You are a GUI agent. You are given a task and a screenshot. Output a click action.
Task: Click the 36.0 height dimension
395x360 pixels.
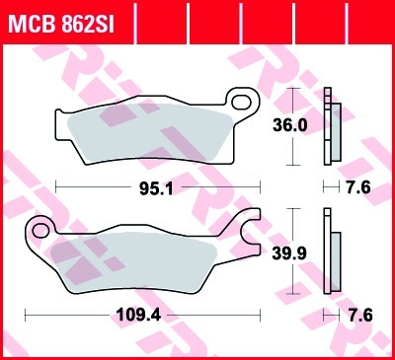point(290,125)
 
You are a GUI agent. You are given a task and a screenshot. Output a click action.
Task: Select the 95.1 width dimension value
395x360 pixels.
point(156,188)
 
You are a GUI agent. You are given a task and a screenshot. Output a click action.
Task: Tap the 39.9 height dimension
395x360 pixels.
point(289,253)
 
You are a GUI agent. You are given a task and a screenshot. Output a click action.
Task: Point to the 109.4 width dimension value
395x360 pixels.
point(139,316)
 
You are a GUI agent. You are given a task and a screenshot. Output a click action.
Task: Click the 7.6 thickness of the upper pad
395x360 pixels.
point(358,187)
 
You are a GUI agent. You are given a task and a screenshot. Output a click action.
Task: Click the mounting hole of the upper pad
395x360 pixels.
point(241,102)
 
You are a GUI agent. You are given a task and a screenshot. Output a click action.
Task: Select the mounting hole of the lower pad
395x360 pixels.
point(40,230)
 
